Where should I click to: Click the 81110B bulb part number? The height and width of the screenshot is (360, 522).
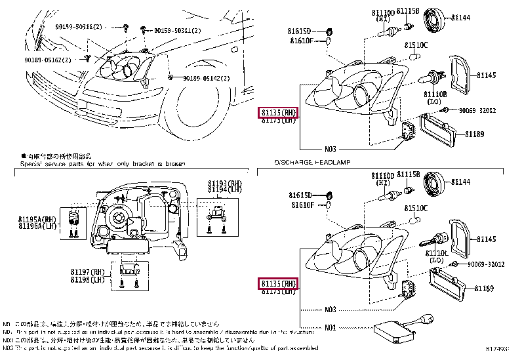(x=435, y=94)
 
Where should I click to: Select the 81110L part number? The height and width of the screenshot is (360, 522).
(x=436, y=252)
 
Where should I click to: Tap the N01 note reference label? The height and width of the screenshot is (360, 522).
(x=330, y=327)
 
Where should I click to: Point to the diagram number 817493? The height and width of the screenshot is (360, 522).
(x=500, y=355)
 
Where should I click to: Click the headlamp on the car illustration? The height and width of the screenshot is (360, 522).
(x=128, y=66)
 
